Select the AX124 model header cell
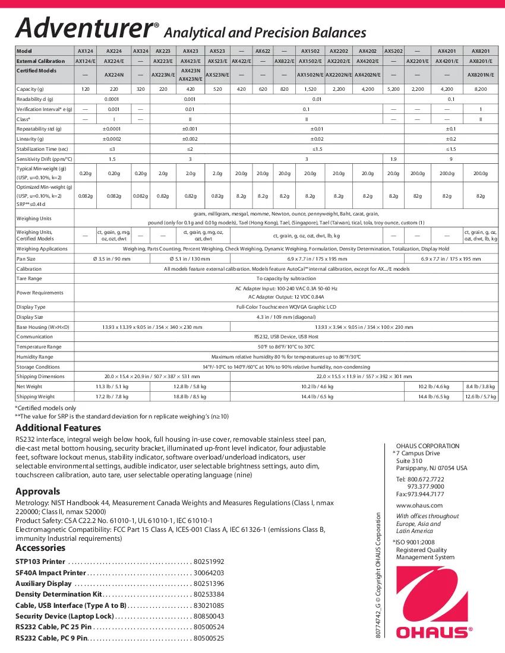point(85,52)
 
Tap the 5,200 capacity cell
point(393,88)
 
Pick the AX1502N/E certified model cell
point(310,75)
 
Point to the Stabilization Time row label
point(42,148)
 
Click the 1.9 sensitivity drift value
point(393,159)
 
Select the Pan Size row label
point(26,259)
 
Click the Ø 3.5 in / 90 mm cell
point(112,259)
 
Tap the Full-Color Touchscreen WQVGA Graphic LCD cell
point(286,307)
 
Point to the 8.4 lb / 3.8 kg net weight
point(481,386)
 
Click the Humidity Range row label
point(34,357)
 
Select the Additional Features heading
point(58,428)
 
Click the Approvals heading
point(37,492)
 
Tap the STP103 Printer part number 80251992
point(209,562)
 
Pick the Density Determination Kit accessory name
point(59,594)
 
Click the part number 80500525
point(209,638)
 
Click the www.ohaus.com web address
point(419,505)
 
